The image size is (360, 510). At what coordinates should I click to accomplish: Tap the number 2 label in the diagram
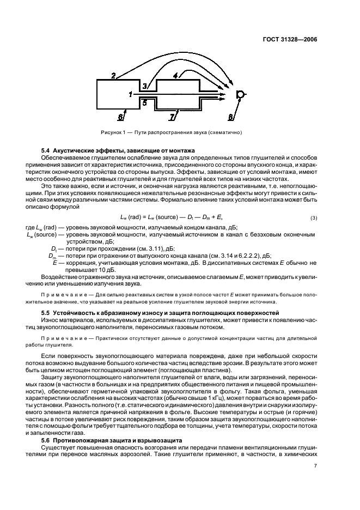(x=113, y=76)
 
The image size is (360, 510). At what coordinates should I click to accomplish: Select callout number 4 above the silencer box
(x=175, y=76)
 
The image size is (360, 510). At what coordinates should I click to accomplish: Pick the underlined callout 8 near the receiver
(x=231, y=117)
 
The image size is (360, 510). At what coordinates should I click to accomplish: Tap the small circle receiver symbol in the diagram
(x=240, y=95)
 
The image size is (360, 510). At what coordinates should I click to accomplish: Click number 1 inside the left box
(x=130, y=94)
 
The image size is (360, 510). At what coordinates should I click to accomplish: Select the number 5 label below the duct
(x=145, y=101)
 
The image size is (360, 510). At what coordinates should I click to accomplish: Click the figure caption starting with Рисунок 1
(x=171, y=132)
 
